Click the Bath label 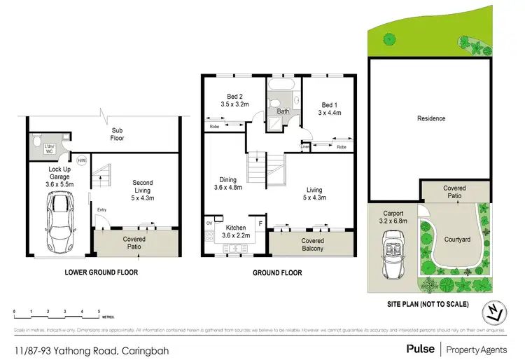(283, 111)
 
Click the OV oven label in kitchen (209, 223)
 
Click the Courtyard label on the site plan (456, 239)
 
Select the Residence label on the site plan (431, 118)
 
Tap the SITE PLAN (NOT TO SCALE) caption (428, 305)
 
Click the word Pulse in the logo (421, 348)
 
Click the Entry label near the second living (102, 209)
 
